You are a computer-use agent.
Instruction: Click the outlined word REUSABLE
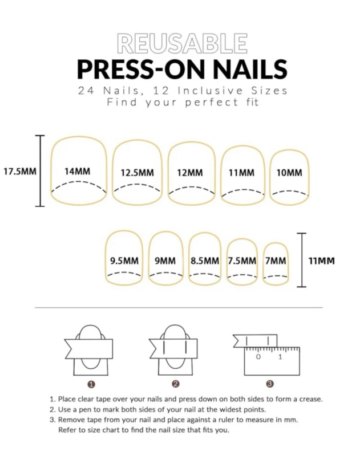tap(182, 43)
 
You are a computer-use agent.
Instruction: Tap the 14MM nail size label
tap(78, 172)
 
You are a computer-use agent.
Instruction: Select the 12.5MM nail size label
tap(137, 173)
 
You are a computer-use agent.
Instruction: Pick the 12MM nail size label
tap(190, 173)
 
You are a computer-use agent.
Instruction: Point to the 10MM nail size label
tap(289, 173)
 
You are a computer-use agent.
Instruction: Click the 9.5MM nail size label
tap(124, 260)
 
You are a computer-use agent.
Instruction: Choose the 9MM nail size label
tap(165, 260)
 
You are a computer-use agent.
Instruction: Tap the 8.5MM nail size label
tap(205, 260)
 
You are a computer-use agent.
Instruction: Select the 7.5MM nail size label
tap(242, 260)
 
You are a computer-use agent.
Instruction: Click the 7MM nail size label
tap(276, 260)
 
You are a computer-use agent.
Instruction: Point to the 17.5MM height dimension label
tap(20, 172)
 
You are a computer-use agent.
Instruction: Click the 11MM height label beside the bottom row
tap(322, 260)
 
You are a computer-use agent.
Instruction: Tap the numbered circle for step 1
tap(91, 384)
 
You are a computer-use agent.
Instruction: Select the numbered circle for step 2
tap(176, 384)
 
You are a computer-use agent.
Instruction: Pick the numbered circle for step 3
tap(270, 384)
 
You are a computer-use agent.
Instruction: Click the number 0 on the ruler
tap(258, 357)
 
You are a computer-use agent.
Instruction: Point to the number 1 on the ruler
tap(280, 357)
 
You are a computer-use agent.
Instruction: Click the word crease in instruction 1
tap(312, 400)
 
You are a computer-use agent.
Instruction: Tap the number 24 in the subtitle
tap(86, 91)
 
